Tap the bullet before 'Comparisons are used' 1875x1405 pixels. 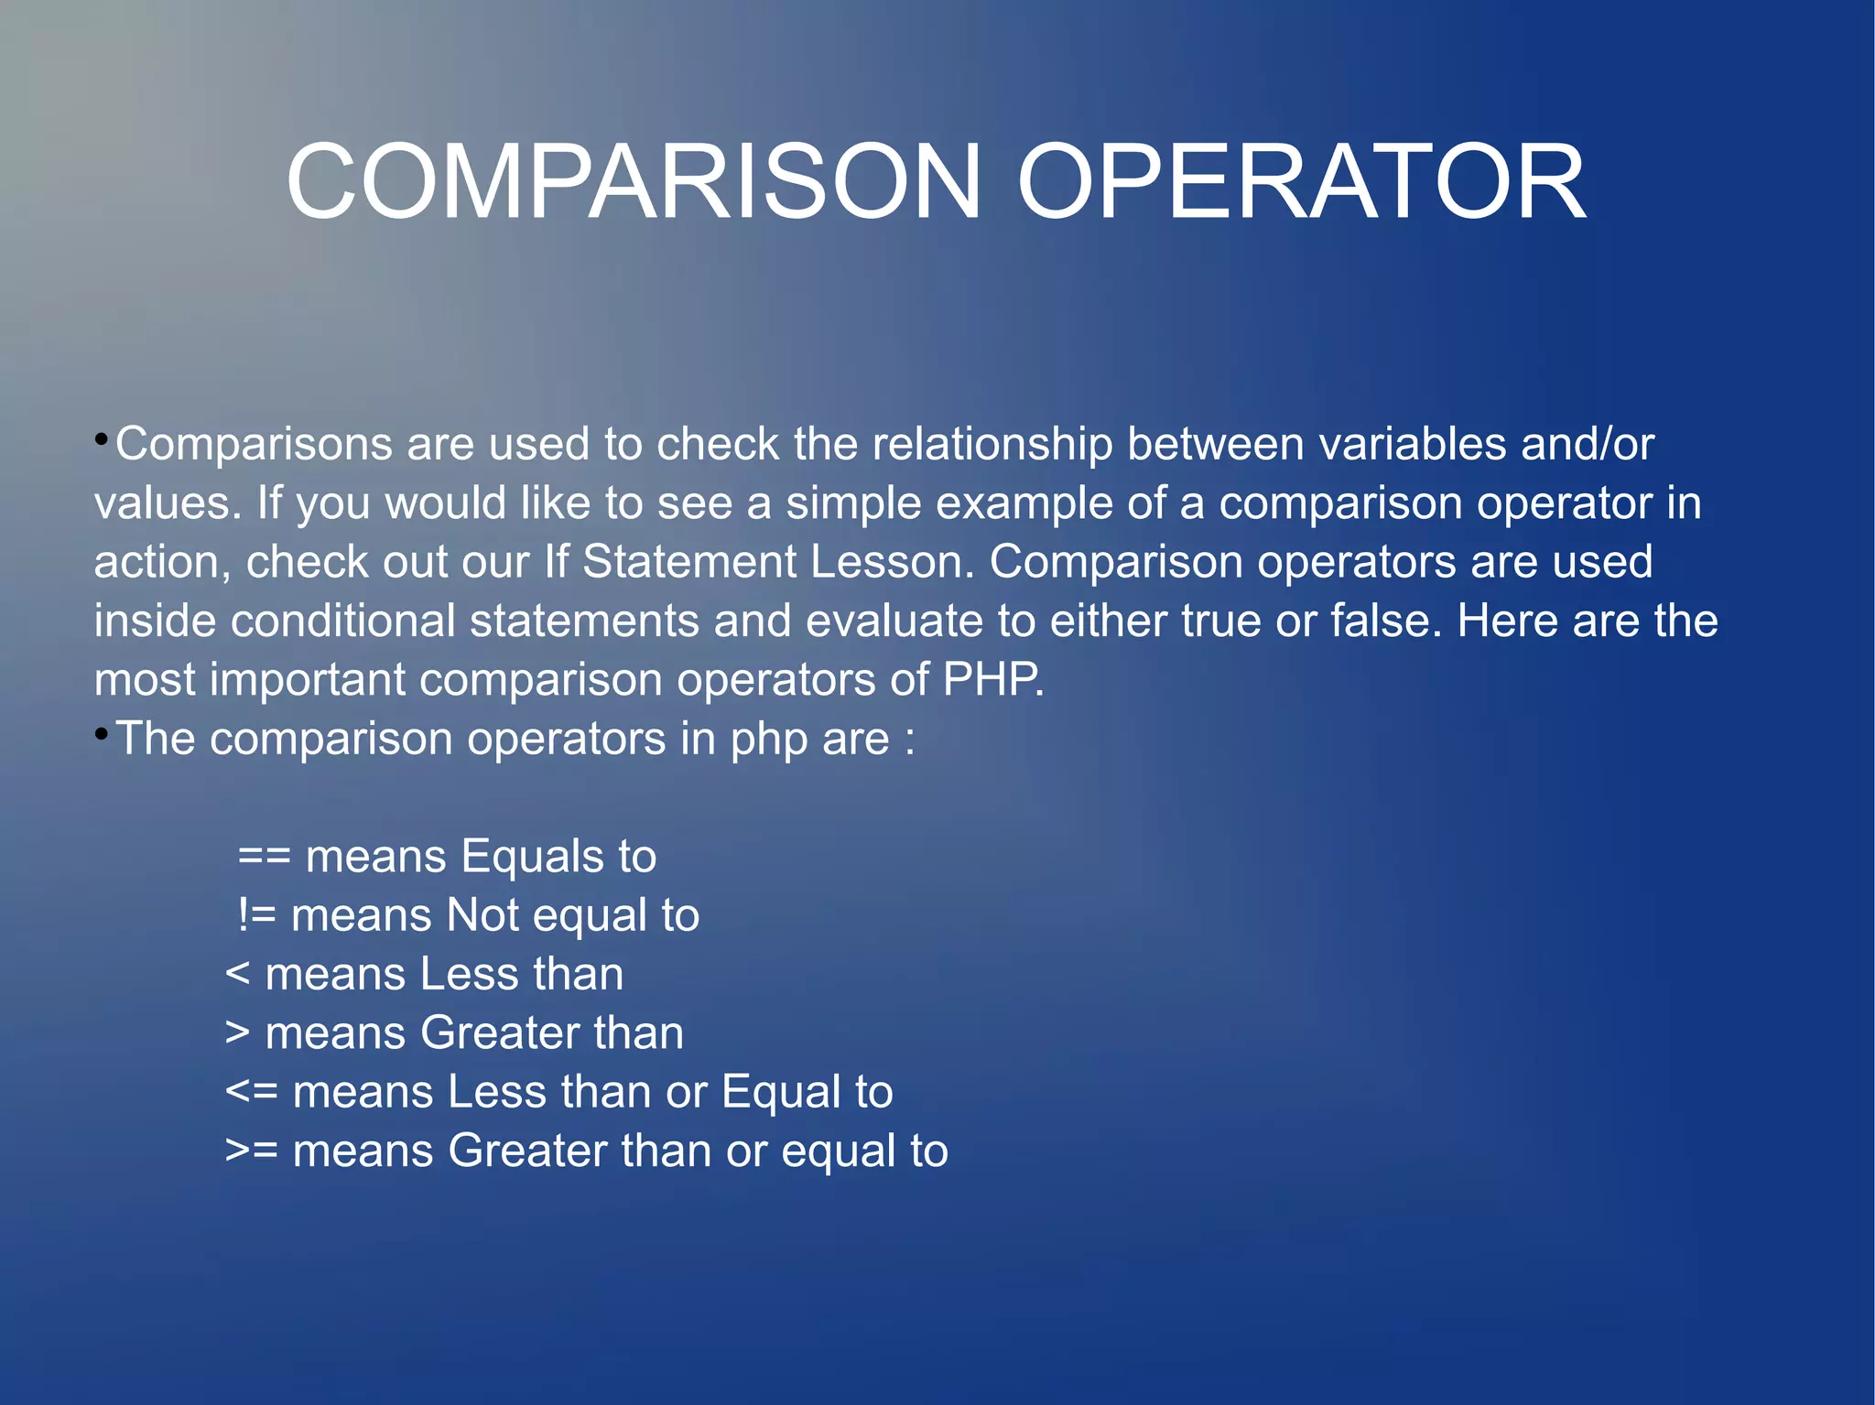pos(101,439)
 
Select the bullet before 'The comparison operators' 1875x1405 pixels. pos(101,734)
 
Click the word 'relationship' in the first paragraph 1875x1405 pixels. pos(992,445)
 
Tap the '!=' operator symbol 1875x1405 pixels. pos(256,915)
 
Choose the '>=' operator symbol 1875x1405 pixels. pos(252,1151)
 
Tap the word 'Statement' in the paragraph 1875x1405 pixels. pos(689,562)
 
